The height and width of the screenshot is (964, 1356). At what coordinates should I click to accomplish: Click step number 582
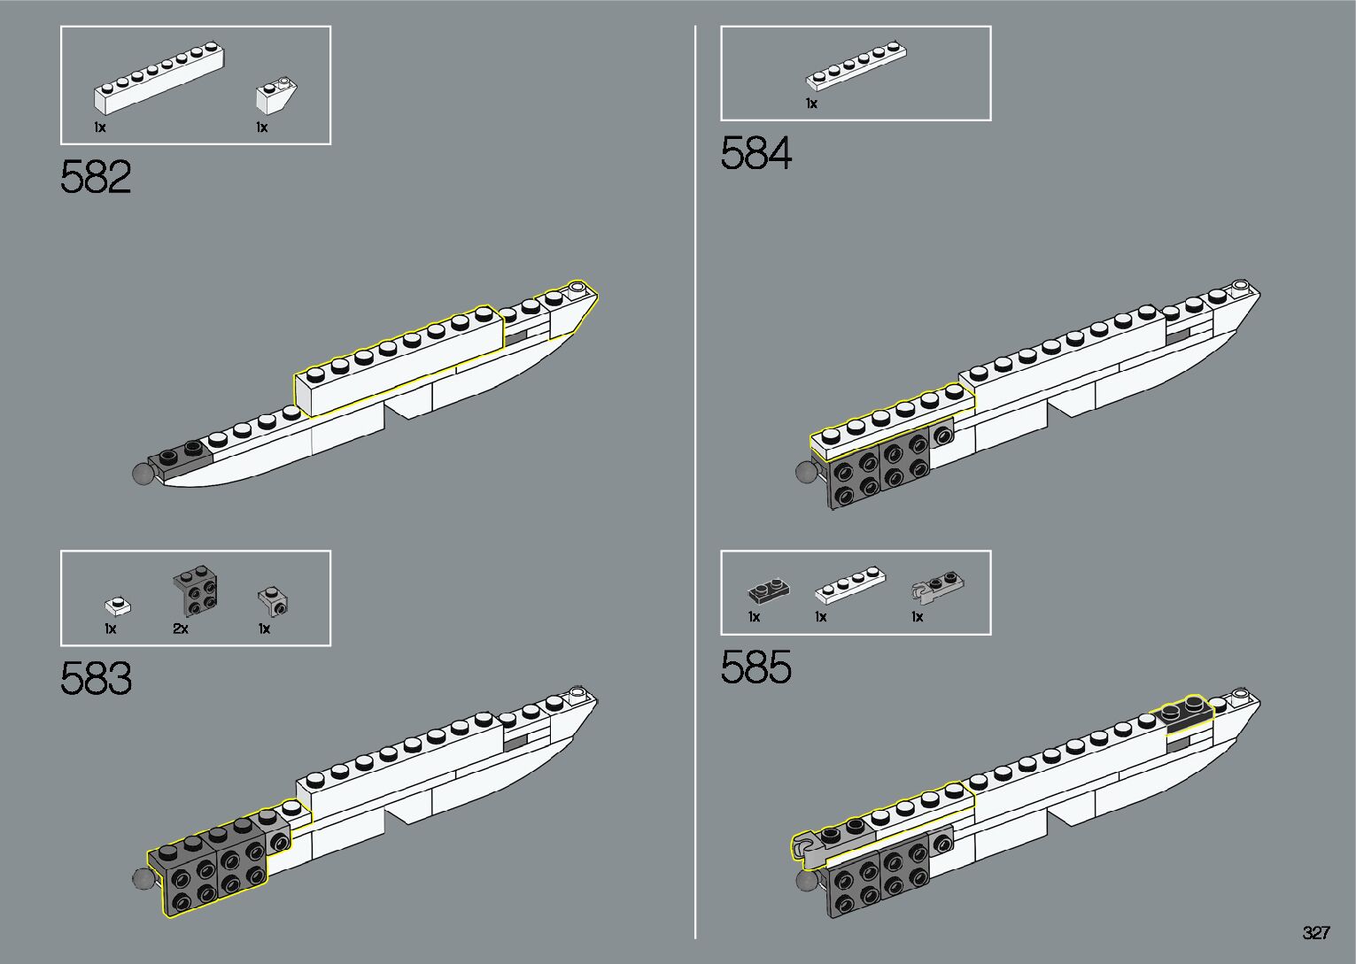click(96, 178)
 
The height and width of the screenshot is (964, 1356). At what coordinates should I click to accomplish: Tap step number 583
click(96, 679)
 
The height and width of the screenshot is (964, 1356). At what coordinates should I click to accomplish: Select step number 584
click(755, 153)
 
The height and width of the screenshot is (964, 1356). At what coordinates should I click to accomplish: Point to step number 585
click(755, 668)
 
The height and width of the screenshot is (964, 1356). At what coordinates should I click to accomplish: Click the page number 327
click(1316, 933)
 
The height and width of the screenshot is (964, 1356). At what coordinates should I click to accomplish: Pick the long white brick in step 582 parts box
click(159, 79)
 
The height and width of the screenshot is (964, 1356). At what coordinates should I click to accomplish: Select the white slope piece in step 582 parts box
click(275, 95)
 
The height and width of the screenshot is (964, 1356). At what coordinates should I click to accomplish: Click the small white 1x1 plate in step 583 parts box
click(117, 606)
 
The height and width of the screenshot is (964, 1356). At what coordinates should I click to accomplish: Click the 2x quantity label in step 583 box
click(181, 629)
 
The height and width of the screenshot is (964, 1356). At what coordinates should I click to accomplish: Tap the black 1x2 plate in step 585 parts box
click(767, 590)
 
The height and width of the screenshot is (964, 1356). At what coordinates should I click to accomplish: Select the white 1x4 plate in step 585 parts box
click(849, 585)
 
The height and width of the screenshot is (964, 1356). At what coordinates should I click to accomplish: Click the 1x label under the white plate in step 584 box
click(811, 104)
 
